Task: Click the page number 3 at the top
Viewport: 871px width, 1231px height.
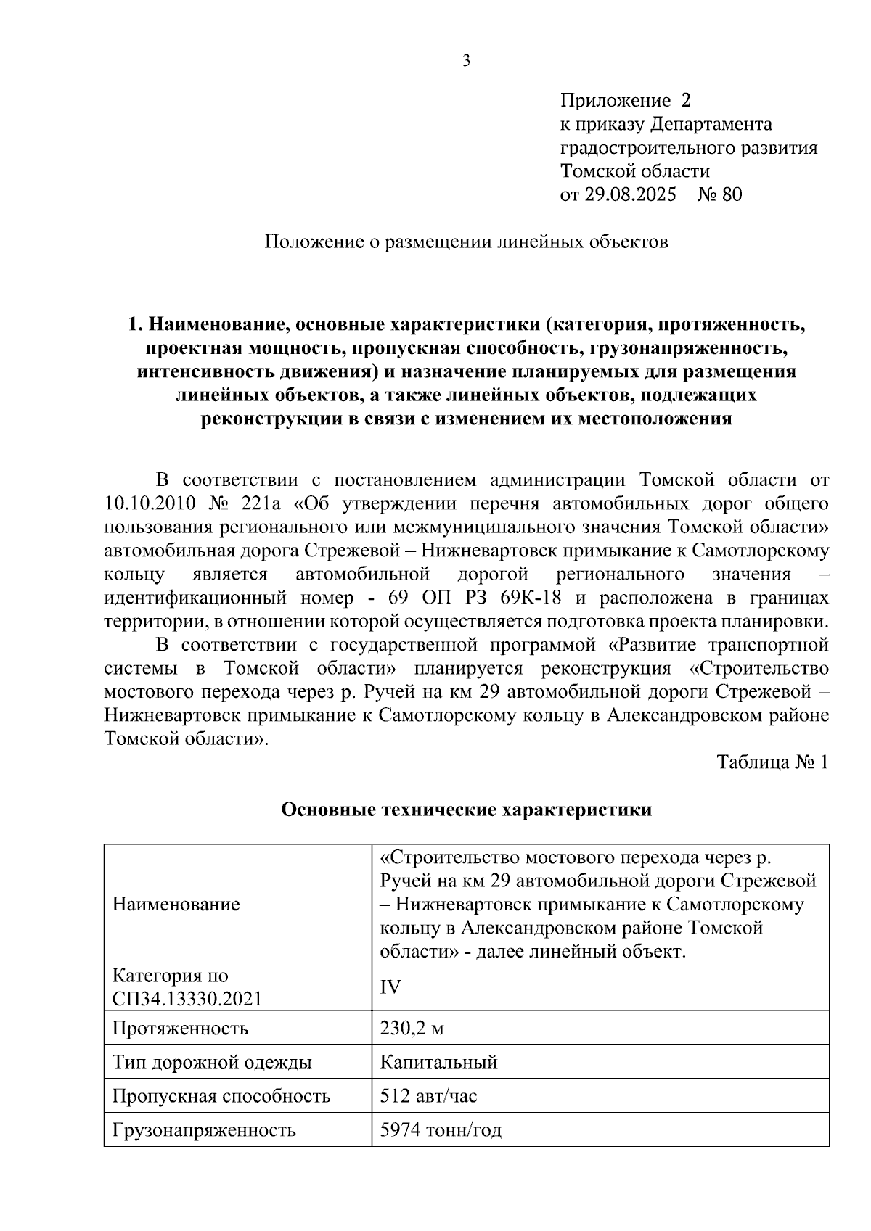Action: [x=467, y=61]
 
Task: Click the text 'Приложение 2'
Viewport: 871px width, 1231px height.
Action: [x=626, y=100]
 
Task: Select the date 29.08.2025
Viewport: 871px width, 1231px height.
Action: [x=629, y=194]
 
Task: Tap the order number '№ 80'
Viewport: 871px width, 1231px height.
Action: [x=720, y=194]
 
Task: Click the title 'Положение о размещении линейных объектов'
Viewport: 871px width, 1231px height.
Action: [x=466, y=242]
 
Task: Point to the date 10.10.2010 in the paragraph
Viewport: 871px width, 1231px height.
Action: [x=151, y=503]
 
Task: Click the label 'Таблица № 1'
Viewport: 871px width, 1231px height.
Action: [x=772, y=762]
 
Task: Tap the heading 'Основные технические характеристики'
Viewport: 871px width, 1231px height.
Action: [x=466, y=810]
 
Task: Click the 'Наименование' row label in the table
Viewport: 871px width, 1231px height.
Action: [x=176, y=904]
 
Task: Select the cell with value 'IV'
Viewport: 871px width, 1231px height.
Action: [x=390, y=987]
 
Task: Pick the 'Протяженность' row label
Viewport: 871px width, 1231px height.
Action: [x=180, y=1029]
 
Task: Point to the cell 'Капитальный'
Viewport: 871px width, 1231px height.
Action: [x=438, y=1063]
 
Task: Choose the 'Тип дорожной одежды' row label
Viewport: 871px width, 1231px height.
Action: [x=212, y=1063]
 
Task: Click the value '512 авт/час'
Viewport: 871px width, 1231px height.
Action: [x=428, y=1096]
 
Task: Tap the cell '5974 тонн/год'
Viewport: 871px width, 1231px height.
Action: [x=441, y=1130]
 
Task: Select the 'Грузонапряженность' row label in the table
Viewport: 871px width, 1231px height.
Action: [x=204, y=1130]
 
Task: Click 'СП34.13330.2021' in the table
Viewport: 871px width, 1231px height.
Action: [x=187, y=999]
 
